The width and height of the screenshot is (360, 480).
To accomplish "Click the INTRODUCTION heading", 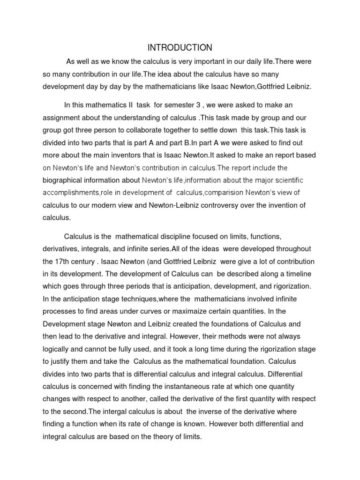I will [180, 47].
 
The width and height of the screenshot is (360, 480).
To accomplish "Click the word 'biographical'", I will [69, 180].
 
